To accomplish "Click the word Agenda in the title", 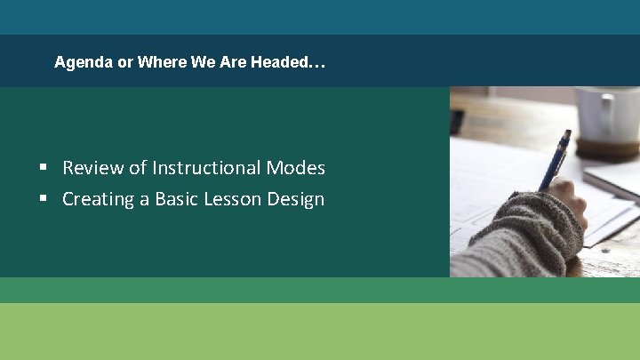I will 83,63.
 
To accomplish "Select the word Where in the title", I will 161,63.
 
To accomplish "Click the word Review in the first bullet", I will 92,168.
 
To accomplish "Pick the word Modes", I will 299,168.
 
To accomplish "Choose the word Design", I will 299,199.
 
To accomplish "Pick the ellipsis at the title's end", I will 319,63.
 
